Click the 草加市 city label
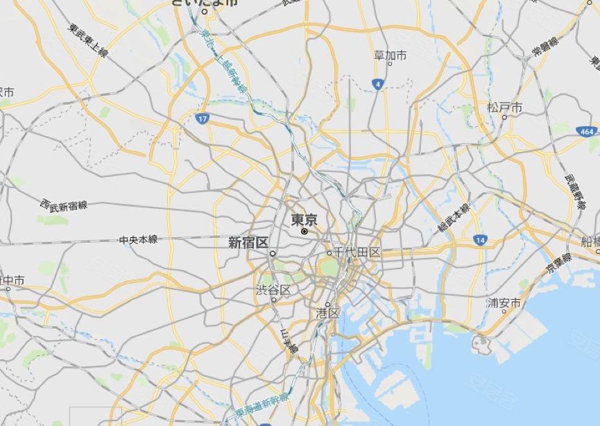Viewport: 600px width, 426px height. tap(391, 55)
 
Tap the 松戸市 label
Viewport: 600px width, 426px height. tap(504, 108)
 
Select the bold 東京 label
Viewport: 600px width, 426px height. tap(304, 220)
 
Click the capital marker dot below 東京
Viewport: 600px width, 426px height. tap(304, 232)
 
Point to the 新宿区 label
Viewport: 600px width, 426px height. tap(248, 243)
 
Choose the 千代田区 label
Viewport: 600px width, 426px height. tap(357, 252)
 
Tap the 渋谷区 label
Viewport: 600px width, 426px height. tap(273, 289)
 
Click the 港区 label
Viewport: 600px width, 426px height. tap(327, 314)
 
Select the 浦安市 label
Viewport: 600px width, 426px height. tap(504, 303)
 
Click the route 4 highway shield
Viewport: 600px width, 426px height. tap(377, 84)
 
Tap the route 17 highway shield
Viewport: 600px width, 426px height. tap(201, 119)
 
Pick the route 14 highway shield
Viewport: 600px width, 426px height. tap(479, 239)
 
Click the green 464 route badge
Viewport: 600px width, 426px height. tap(587, 130)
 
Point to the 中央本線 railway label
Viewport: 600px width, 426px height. tap(138, 239)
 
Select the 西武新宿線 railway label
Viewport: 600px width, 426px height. tap(64, 205)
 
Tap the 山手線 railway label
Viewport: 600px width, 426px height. tap(289, 342)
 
